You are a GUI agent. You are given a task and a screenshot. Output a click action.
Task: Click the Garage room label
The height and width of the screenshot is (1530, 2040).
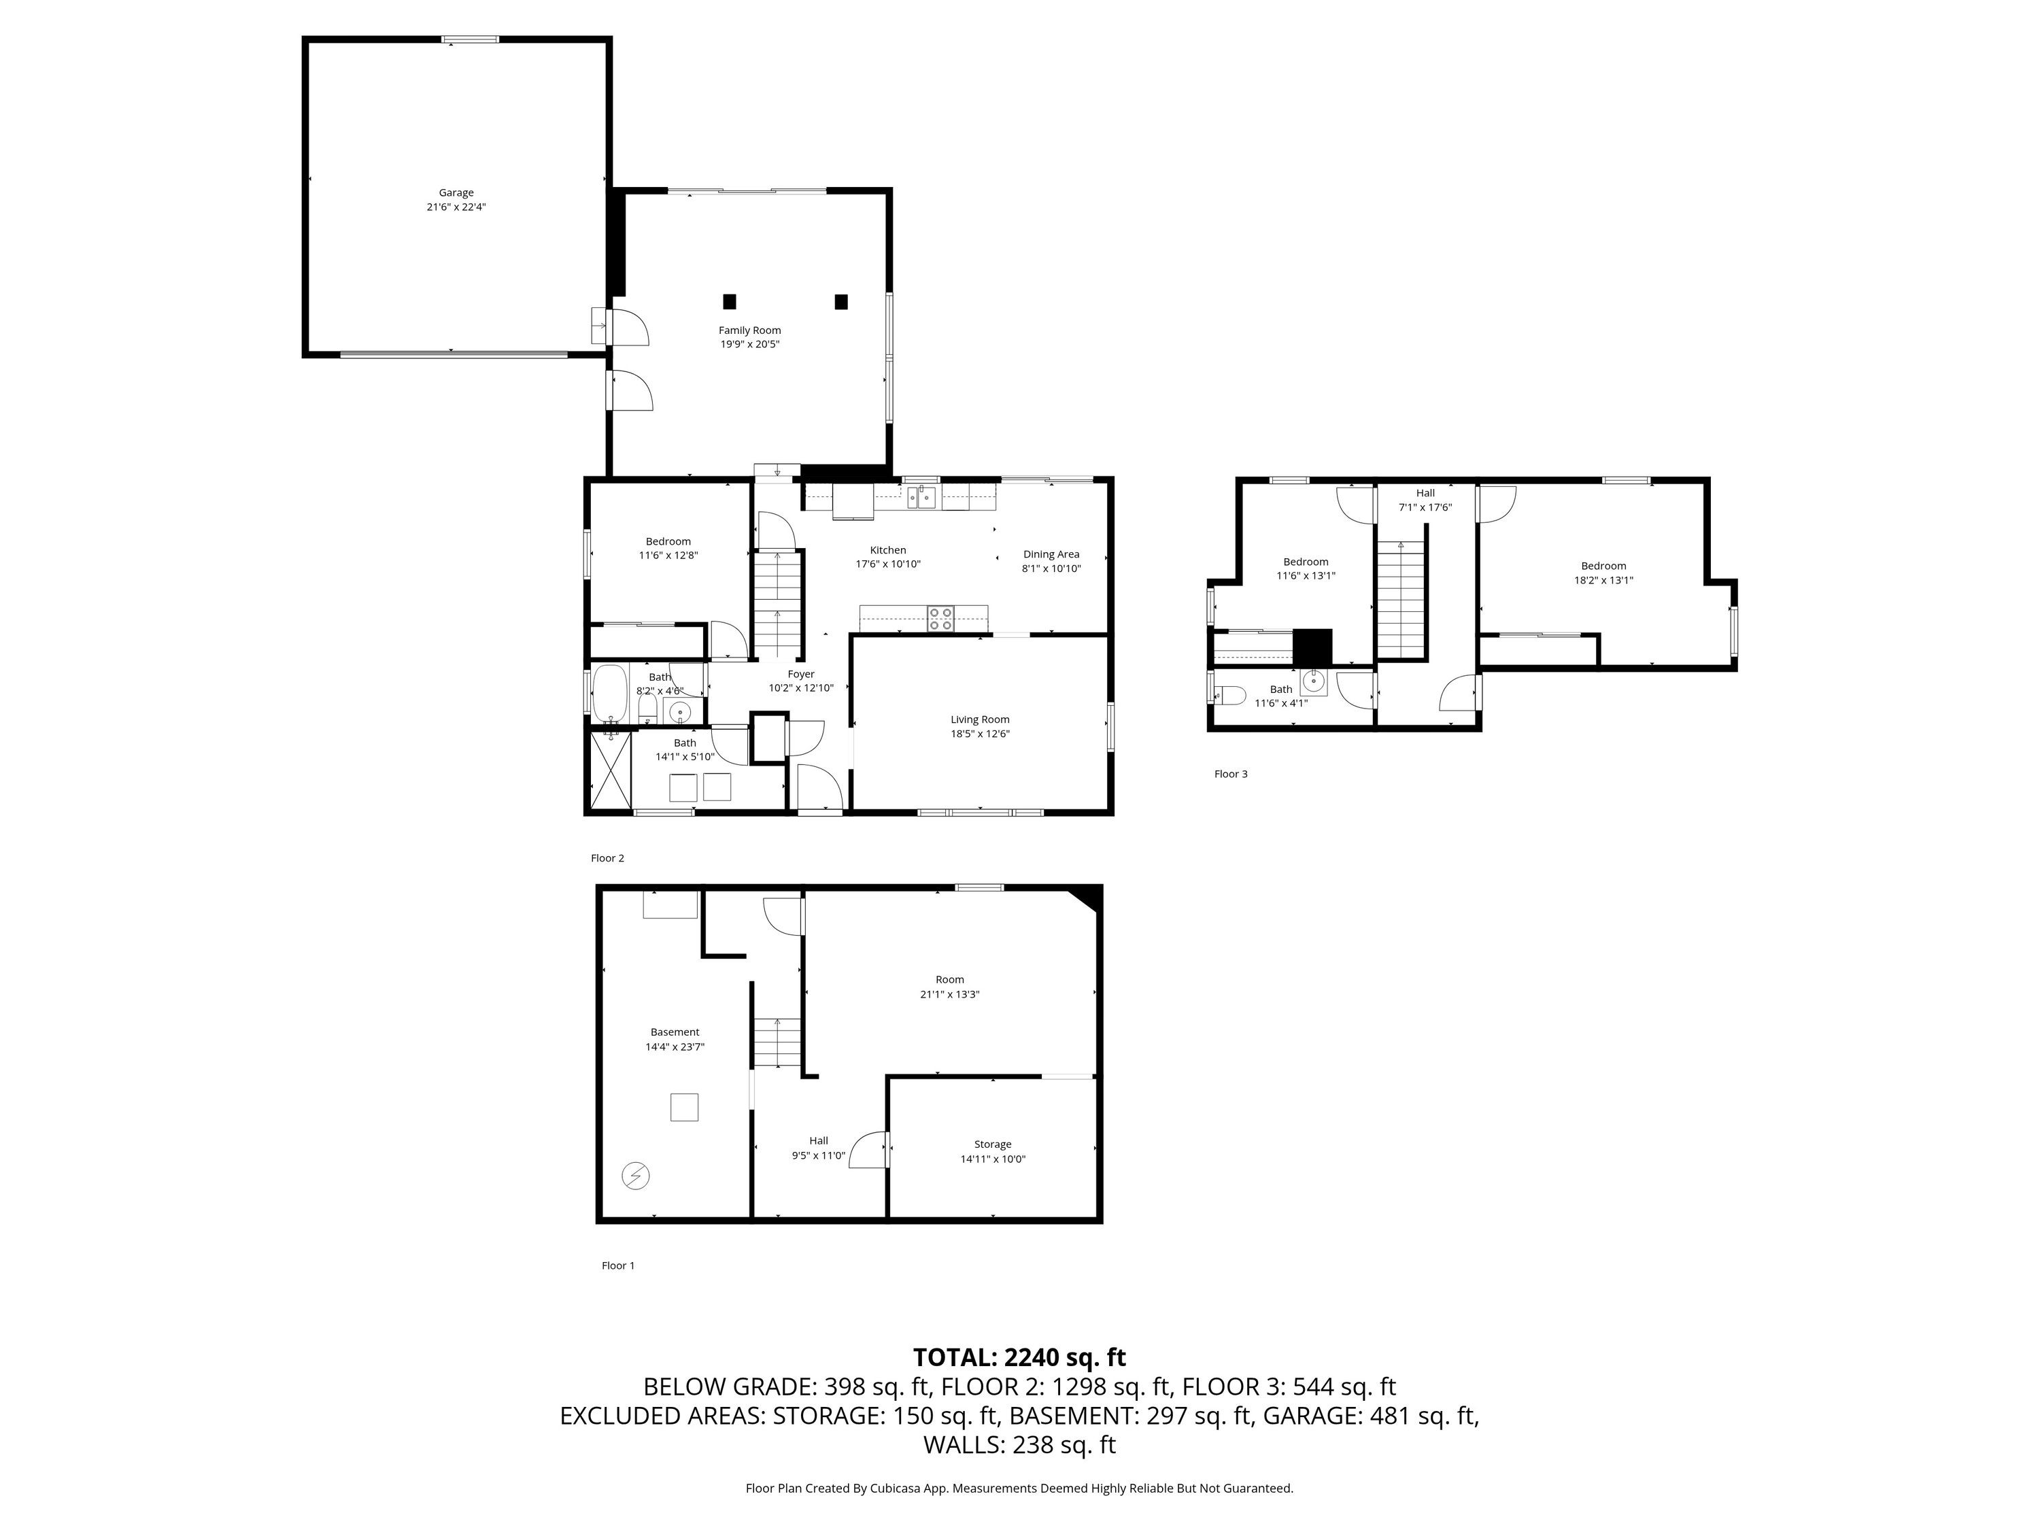point(456,192)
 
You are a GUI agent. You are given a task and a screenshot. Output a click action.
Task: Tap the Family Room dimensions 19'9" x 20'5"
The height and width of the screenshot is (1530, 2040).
point(750,344)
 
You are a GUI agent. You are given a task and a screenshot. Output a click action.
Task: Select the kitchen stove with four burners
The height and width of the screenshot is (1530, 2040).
point(940,618)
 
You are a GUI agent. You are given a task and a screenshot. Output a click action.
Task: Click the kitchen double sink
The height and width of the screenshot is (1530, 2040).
point(921,498)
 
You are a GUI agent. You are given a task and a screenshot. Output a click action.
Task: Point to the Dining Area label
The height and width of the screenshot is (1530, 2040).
point(1051,554)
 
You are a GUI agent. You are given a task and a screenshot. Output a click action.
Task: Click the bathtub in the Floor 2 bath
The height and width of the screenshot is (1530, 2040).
point(609,694)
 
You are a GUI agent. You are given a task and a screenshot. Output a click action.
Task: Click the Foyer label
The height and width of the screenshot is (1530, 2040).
point(800,674)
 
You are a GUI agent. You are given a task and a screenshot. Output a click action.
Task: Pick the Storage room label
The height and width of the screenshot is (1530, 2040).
point(992,1144)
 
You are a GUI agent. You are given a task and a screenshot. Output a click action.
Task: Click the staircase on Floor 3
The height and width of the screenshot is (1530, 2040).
point(1401,600)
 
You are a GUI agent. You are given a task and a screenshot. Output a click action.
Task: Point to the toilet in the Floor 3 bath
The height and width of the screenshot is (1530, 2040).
point(1229,694)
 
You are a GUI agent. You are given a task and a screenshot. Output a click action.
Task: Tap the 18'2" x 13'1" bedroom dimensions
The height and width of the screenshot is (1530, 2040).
point(1603,580)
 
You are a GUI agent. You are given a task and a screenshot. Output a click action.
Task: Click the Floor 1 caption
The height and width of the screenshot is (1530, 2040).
point(618,1265)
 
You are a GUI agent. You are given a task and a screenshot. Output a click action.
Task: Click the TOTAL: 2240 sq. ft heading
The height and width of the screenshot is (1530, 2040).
point(1019,1357)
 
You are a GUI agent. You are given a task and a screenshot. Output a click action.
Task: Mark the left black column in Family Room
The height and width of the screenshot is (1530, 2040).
point(730,301)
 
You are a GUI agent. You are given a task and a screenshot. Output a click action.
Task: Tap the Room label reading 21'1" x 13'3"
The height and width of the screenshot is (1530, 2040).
point(949,987)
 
